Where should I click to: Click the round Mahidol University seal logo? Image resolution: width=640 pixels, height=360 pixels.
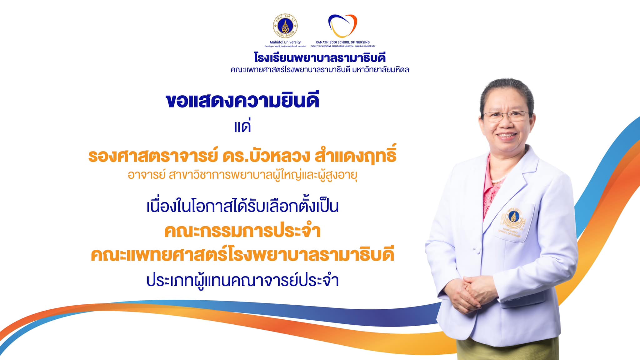(x=285, y=26)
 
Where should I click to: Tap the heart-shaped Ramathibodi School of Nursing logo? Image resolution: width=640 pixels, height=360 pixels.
(x=342, y=26)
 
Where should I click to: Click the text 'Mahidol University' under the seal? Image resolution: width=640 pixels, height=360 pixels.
(x=285, y=42)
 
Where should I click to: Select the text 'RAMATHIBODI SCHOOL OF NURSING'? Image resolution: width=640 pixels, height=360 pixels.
(x=342, y=42)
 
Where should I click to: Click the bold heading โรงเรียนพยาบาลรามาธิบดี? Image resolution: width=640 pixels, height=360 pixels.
(x=320, y=58)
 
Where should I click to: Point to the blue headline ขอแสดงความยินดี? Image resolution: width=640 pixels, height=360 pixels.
(x=242, y=101)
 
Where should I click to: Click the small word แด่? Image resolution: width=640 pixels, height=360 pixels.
(x=242, y=127)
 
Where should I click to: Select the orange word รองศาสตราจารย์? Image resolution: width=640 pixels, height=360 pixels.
(x=153, y=156)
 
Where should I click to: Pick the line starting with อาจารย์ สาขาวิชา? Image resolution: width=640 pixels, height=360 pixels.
(x=242, y=175)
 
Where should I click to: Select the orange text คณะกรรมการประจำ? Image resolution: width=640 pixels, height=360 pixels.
(x=242, y=231)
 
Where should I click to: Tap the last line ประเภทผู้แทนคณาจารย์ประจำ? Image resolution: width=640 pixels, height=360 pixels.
(x=242, y=280)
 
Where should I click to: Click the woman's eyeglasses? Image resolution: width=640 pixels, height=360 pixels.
(x=506, y=116)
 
